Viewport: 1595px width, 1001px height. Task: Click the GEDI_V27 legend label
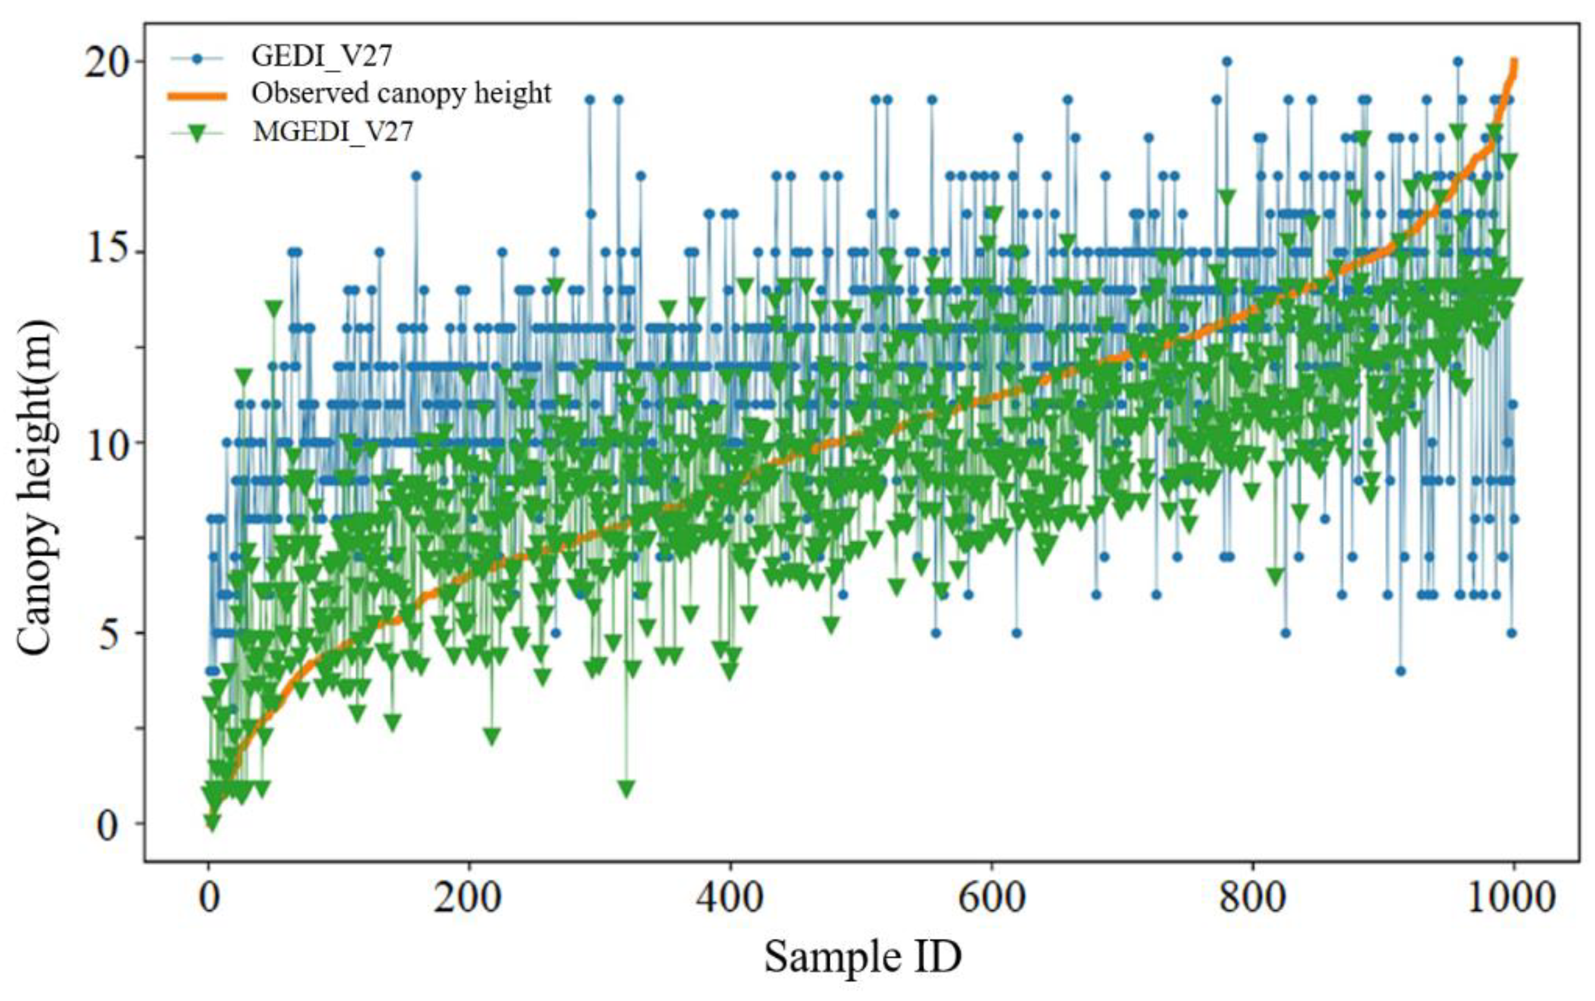point(321,56)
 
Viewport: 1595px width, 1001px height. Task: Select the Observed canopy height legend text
point(401,93)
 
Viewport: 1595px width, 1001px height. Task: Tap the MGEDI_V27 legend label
point(332,131)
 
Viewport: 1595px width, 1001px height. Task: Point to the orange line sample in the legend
point(196,95)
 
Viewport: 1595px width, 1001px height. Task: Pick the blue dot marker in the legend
point(196,58)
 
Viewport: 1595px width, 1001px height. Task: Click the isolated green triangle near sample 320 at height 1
point(626,788)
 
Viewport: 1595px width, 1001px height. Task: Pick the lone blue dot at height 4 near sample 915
point(1400,671)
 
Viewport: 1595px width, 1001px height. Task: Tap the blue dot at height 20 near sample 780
point(1227,62)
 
